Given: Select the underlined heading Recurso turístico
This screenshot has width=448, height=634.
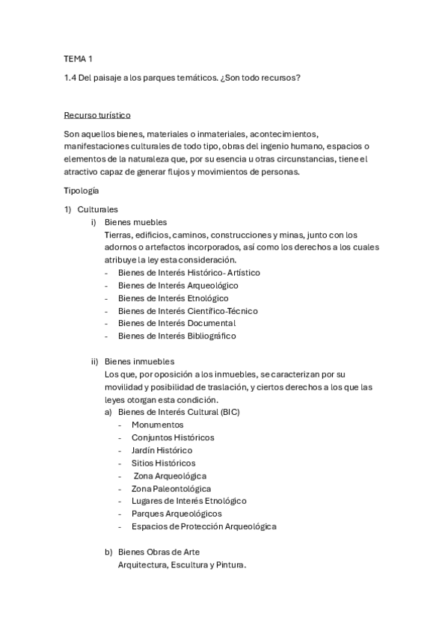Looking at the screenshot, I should (x=97, y=115).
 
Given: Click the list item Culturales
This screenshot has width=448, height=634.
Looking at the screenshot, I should (x=98, y=209).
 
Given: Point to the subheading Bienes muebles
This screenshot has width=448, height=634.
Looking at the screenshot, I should (x=135, y=222).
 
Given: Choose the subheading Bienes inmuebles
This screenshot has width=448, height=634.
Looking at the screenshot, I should (x=139, y=360).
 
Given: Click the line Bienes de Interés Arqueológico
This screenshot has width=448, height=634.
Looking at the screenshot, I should (x=178, y=286).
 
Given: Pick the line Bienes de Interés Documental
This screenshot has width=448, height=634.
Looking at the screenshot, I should (x=177, y=323).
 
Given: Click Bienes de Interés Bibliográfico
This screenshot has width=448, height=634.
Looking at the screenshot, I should (x=177, y=336).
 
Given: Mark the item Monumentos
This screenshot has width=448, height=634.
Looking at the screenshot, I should (x=157, y=425).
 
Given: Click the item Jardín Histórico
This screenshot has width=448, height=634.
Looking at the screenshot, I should (x=162, y=450).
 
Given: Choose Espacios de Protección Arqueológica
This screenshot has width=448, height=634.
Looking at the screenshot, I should (x=203, y=526).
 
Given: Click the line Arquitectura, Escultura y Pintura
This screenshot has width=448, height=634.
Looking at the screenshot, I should (x=182, y=565).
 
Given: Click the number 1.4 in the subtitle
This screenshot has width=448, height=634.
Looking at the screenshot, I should (x=70, y=77).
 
